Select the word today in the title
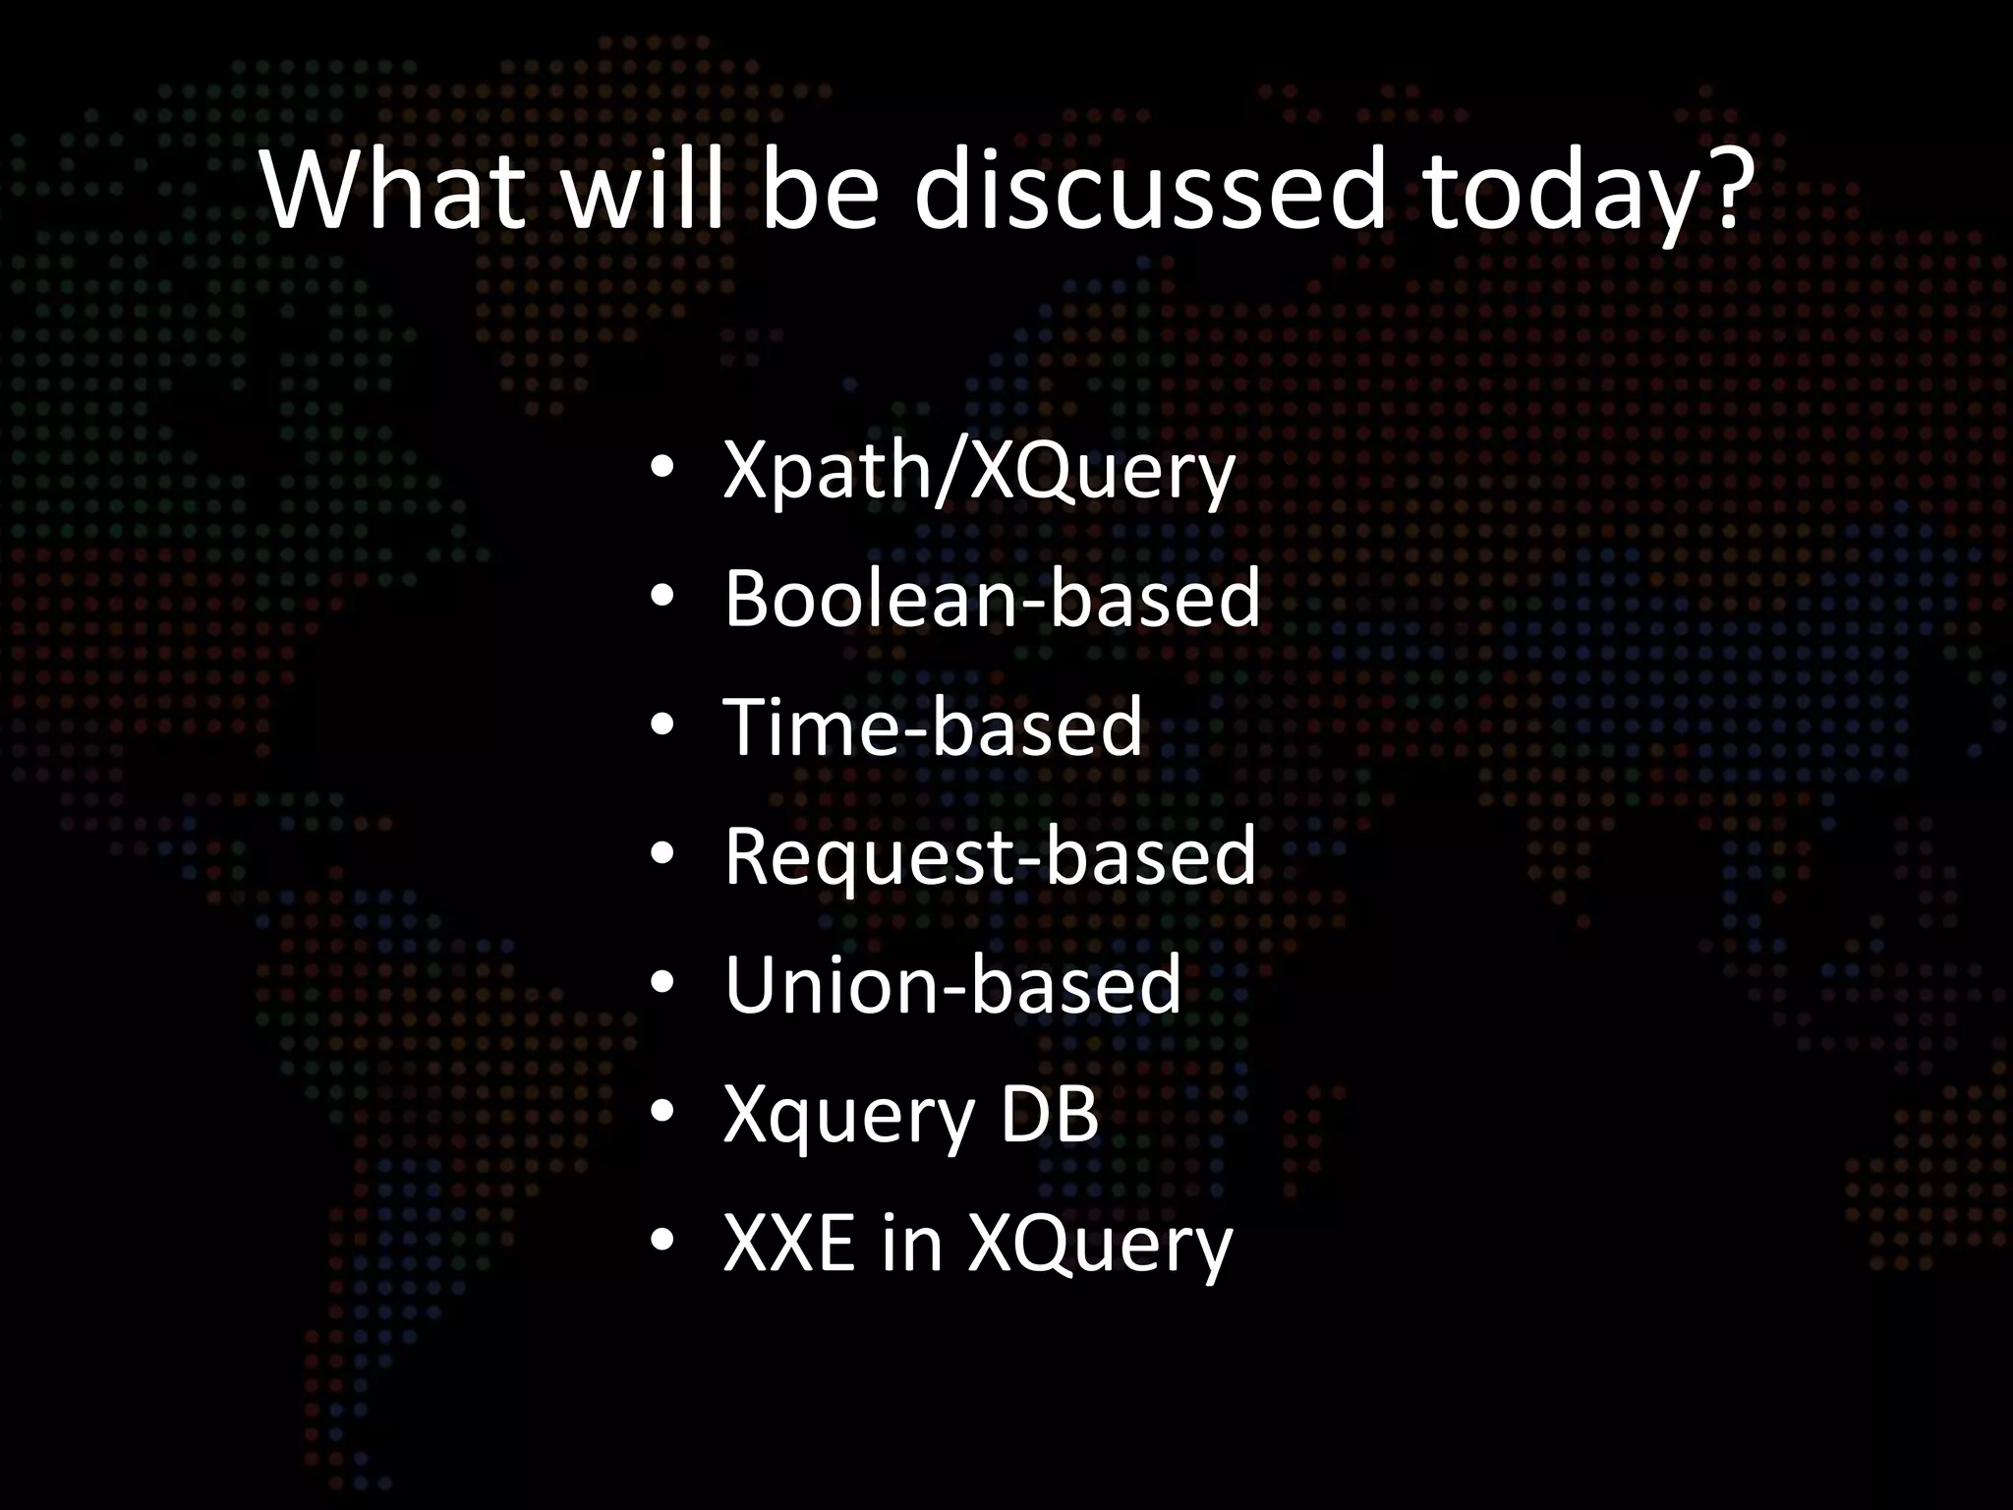[x=1553, y=192]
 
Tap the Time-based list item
[x=933, y=726]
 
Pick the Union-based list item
[x=951, y=984]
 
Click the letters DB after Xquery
[x=1049, y=1114]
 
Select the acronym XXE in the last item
[x=788, y=1243]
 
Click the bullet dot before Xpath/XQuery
[x=661, y=469]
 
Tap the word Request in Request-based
[x=866, y=857]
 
